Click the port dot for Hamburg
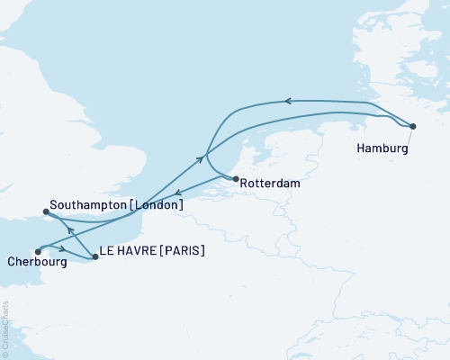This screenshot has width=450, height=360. [x=413, y=126]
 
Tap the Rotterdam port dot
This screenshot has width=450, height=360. [x=236, y=179]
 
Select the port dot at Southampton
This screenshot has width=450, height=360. [x=46, y=212]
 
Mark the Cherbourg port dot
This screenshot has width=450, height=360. [x=37, y=251]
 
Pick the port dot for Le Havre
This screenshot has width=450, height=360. [x=95, y=257]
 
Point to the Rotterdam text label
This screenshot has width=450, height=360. [x=268, y=184]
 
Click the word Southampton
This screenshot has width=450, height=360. [x=89, y=205]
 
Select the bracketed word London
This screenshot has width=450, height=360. [x=157, y=205]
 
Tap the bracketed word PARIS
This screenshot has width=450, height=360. [x=183, y=251]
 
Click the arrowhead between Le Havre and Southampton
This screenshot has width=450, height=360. [x=70, y=230]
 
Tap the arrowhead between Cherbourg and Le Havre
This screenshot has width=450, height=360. [x=63, y=248]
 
